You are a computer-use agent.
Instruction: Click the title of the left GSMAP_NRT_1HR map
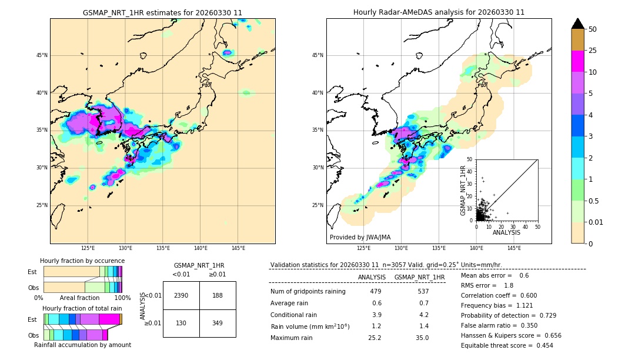click(x=162, y=12)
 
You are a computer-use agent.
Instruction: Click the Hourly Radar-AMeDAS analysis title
click(x=439, y=12)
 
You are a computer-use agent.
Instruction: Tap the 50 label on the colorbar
click(x=593, y=29)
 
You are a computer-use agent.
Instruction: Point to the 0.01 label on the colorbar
click(x=596, y=222)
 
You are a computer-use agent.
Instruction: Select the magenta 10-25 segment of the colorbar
click(x=577, y=61)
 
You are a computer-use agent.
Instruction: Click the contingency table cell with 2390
click(x=181, y=295)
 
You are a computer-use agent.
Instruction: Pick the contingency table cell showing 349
click(x=218, y=323)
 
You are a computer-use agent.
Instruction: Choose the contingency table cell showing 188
click(x=218, y=295)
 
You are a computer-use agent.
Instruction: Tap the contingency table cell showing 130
click(x=181, y=323)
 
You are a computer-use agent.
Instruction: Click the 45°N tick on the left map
click(x=42, y=55)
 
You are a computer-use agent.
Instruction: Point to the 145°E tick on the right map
click(x=514, y=248)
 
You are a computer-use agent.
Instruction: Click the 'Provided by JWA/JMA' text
click(x=360, y=237)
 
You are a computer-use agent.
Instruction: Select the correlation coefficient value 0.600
click(x=526, y=295)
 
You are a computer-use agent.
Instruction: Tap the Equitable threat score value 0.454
click(x=541, y=345)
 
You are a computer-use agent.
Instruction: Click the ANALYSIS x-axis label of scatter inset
click(x=506, y=232)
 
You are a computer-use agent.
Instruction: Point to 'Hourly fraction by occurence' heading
click(x=82, y=261)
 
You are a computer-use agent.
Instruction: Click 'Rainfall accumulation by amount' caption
click(x=82, y=345)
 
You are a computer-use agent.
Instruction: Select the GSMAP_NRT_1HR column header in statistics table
click(x=419, y=277)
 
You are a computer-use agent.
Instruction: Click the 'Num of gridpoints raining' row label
click(x=308, y=291)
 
